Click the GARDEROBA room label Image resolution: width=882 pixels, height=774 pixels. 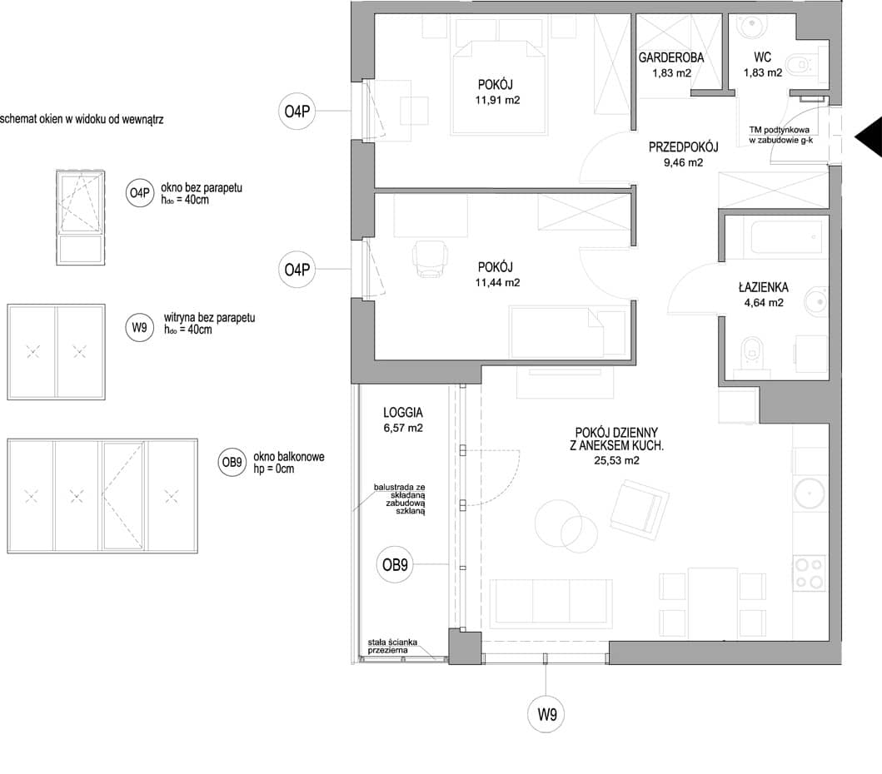click(x=671, y=57)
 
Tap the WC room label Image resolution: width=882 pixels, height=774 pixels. click(x=762, y=57)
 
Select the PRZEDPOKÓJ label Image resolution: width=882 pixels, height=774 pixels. click(x=684, y=147)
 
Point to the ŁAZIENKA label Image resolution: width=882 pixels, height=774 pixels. click(x=763, y=287)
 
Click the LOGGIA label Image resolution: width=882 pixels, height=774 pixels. click(x=403, y=413)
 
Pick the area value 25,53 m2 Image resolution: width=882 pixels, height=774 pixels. click(x=616, y=460)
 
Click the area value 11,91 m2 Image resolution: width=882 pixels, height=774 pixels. click(x=497, y=100)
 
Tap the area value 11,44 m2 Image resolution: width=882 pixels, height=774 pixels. click(x=497, y=282)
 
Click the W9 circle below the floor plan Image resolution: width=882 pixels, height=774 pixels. click(x=546, y=715)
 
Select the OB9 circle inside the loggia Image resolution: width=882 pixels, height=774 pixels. click(x=395, y=564)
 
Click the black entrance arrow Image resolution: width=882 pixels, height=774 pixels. click(x=869, y=136)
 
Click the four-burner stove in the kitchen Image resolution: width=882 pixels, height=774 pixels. click(x=810, y=573)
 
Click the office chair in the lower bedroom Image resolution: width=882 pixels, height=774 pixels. click(x=431, y=259)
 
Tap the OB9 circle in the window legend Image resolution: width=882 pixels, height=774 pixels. click(x=232, y=462)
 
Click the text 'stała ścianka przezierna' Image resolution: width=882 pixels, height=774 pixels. click(x=392, y=646)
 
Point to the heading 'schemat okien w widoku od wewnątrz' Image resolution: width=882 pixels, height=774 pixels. click(x=82, y=119)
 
